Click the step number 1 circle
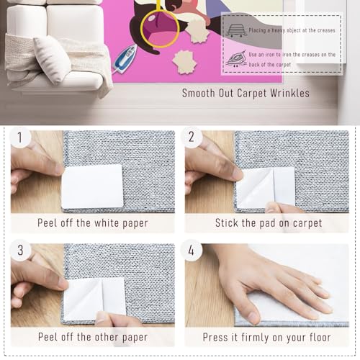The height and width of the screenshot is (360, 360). pyautogui.click(x=20, y=138)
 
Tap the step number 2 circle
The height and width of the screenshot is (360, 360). pyautogui.click(x=192, y=137)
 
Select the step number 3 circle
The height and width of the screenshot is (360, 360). pyautogui.click(x=20, y=251)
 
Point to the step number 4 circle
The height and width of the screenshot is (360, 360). pyautogui.click(x=192, y=251)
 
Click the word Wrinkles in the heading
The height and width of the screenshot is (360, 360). pyautogui.click(x=289, y=93)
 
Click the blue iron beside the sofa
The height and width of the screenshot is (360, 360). pyautogui.click(x=124, y=58)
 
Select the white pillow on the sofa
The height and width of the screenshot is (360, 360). pyautogui.click(x=53, y=59)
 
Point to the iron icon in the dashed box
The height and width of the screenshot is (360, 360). pyautogui.click(x=236, y=58)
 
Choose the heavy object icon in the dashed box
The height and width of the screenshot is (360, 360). pyautogui.click(x=237, y=30)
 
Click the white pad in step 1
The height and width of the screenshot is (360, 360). pyautogui.click(x=92, y=186)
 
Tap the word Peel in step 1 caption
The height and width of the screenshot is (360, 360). pyautogui.click(x=48, y=223)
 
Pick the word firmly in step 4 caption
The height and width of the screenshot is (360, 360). pyautogui.click(x=255, y=337)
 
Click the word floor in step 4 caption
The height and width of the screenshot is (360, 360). pyautogui.click(x=320, y=337)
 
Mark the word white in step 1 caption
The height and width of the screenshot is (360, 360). pyautogui.click(x=107, y=223)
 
